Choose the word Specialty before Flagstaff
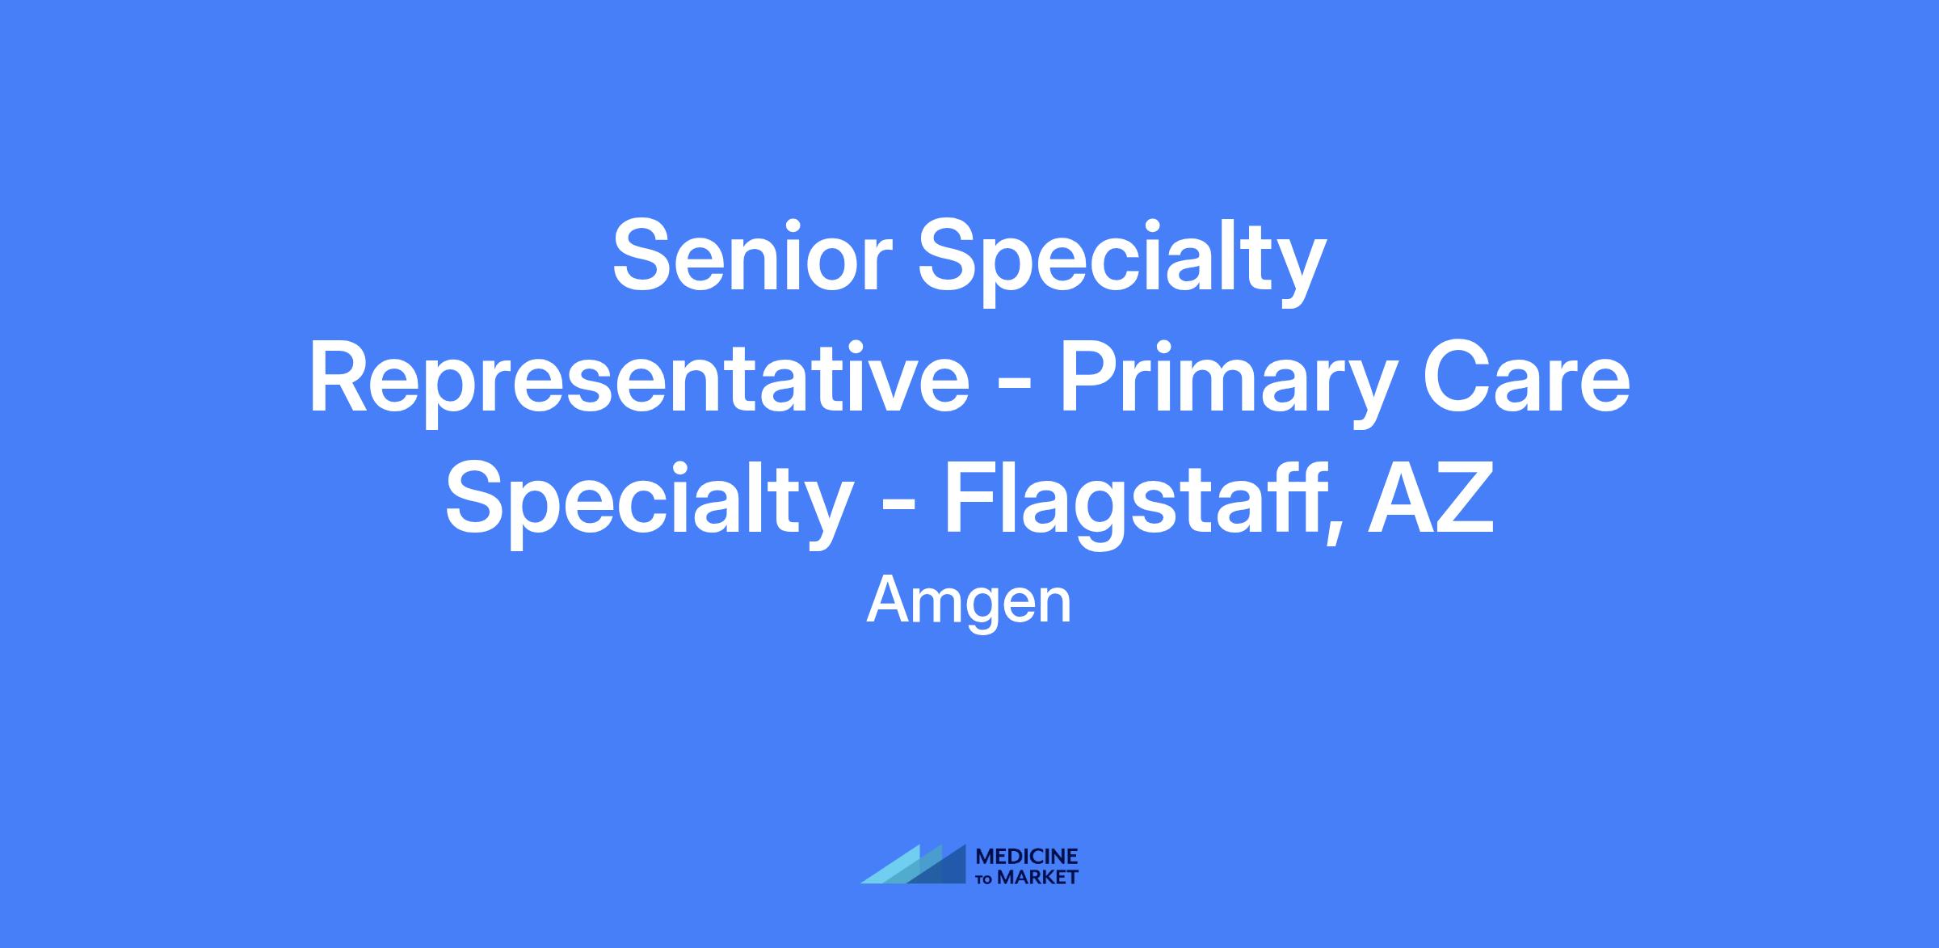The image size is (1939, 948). coord(650,505)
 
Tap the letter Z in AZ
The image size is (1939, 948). coord(1466,499)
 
